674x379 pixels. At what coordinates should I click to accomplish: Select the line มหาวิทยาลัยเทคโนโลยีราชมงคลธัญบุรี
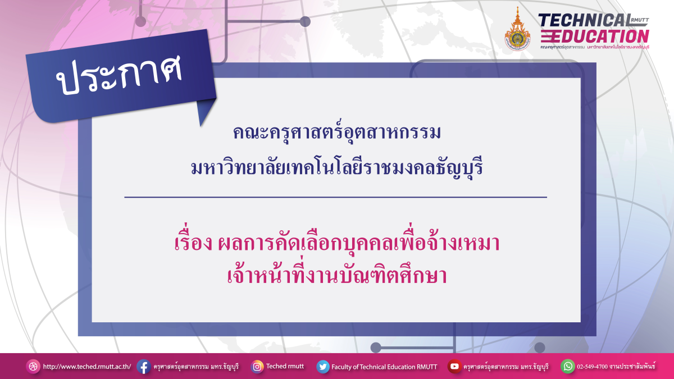337,167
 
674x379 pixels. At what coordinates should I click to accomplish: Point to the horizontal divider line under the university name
335,197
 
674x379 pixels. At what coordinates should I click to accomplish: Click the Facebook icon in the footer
143,367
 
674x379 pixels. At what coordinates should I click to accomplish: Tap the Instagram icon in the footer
257,367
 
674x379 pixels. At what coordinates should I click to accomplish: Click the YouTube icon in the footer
454,367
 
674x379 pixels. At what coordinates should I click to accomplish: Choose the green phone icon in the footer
568,367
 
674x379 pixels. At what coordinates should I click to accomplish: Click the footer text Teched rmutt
285,366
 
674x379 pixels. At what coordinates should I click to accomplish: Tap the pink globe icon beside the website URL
33,367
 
